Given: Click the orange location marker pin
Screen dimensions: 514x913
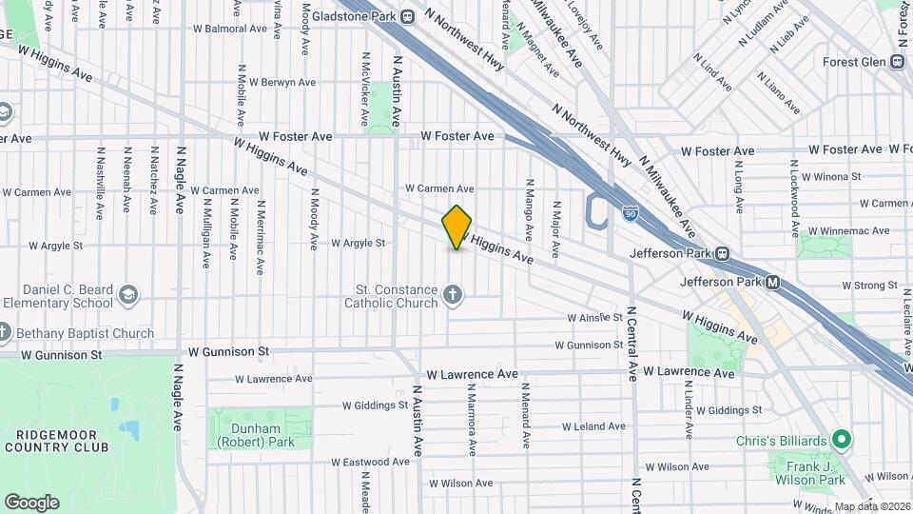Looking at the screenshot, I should [x=456, y=227].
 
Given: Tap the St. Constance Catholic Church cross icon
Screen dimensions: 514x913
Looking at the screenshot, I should [x=452, y=296].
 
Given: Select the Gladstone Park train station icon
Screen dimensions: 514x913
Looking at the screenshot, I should [x=408, y=16].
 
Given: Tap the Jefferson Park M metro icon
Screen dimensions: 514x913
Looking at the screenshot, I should [x=773, y=282].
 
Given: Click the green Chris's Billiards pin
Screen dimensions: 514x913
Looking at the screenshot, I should [x=840, y=441].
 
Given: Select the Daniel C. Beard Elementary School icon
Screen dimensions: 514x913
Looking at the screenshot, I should [x=128, y=296].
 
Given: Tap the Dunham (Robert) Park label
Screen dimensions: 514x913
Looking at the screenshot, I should [x=255, y=435].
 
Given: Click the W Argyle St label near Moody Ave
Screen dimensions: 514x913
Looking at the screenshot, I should [x=358, y=243].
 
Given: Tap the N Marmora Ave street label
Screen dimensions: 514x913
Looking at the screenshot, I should [x=471, y=419].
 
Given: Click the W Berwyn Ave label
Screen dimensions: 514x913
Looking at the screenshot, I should [x=282, y=82].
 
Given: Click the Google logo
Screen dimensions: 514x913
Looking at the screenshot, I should [x=31, y=502].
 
